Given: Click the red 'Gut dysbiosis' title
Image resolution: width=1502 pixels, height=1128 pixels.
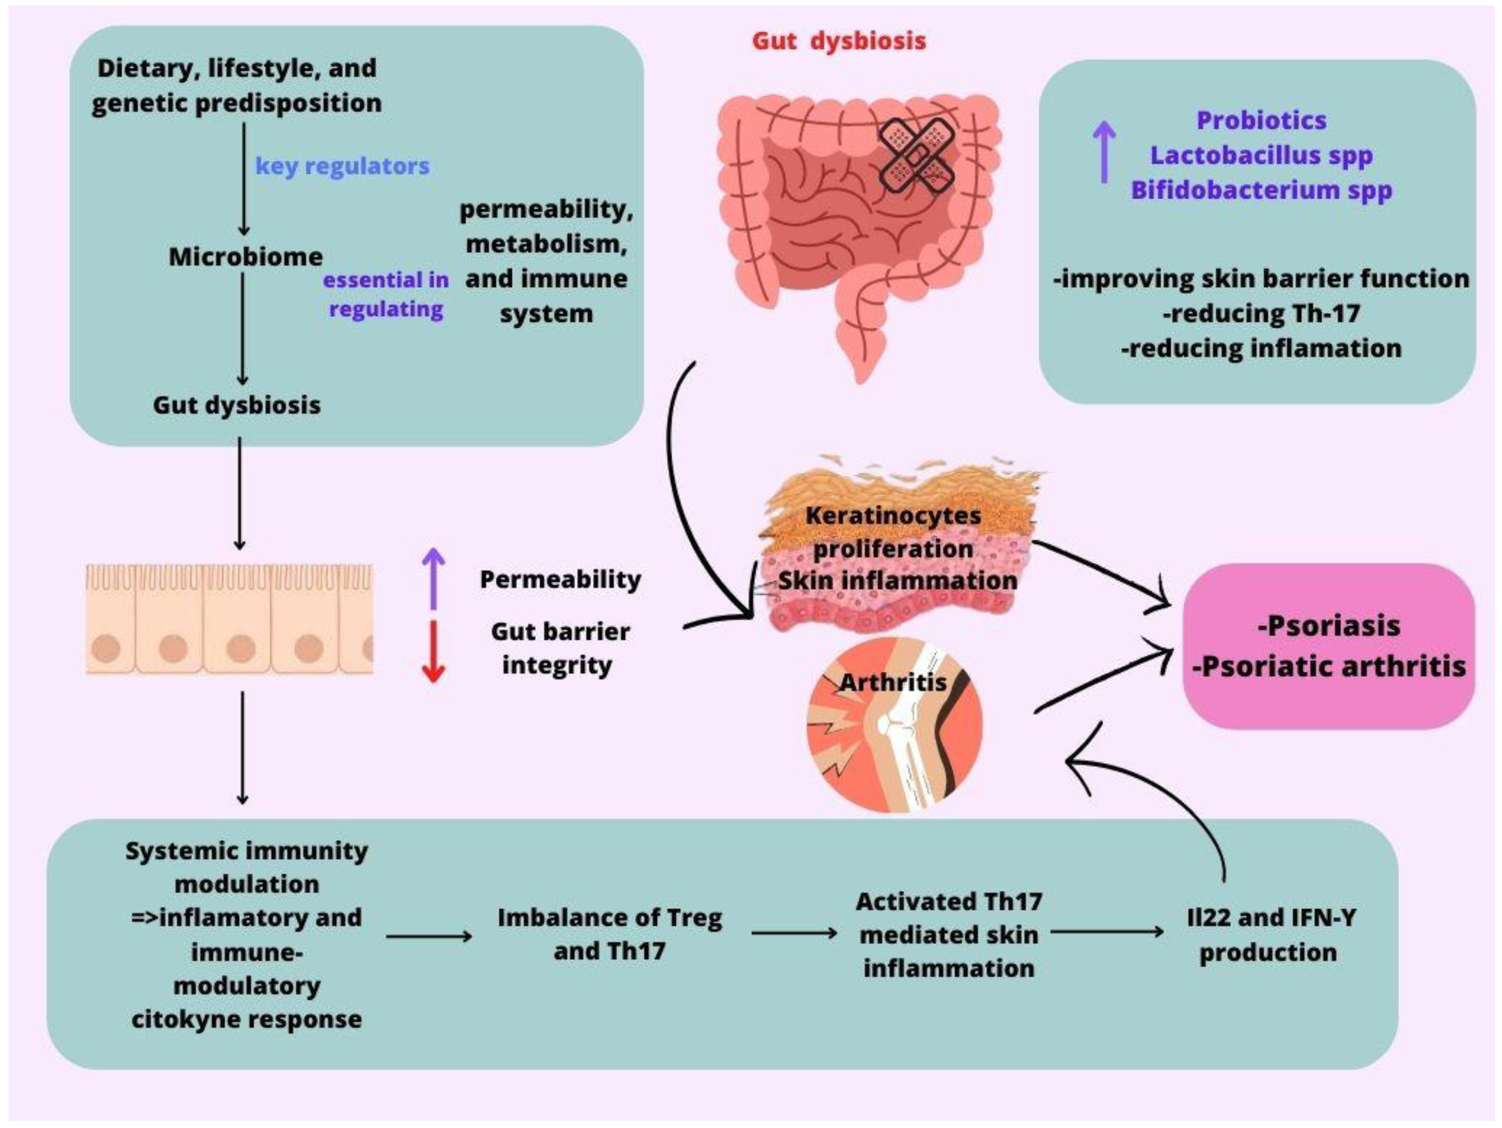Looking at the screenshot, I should (x=839, y=41).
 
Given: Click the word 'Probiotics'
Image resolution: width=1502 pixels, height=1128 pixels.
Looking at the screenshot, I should (x=1261, y=120).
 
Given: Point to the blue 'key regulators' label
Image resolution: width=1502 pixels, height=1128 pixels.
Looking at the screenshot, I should (x=342, y=166).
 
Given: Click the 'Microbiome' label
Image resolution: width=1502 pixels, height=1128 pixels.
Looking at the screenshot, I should (x=245, y=257).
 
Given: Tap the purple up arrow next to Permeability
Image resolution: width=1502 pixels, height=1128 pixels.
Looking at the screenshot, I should (x=434, y=578).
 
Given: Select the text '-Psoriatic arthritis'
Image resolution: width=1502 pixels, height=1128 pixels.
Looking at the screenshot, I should (x=1329, y=666).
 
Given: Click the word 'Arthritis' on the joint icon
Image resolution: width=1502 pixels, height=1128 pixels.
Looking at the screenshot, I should (x=893, y=682).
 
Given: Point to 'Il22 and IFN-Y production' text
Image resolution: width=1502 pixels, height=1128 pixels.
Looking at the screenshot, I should (x=1268, y=935).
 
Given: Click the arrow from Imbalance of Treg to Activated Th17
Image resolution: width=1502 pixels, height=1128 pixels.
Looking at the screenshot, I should (x=793, y=934).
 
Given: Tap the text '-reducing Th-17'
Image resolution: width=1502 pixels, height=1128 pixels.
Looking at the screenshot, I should (x=1261, y=313).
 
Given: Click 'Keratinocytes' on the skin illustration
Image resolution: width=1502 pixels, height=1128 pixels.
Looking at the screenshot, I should (x=893, y=516).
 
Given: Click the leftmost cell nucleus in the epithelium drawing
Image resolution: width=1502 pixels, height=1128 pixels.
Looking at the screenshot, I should (x=106, y=648).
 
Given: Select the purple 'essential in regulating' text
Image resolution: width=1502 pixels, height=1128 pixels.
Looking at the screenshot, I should (x=386, y=294).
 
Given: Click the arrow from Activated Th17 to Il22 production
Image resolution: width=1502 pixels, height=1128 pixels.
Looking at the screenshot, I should (x=1107, y=932).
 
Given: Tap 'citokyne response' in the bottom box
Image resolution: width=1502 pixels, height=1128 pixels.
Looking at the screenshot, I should (x=246, y=1019).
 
